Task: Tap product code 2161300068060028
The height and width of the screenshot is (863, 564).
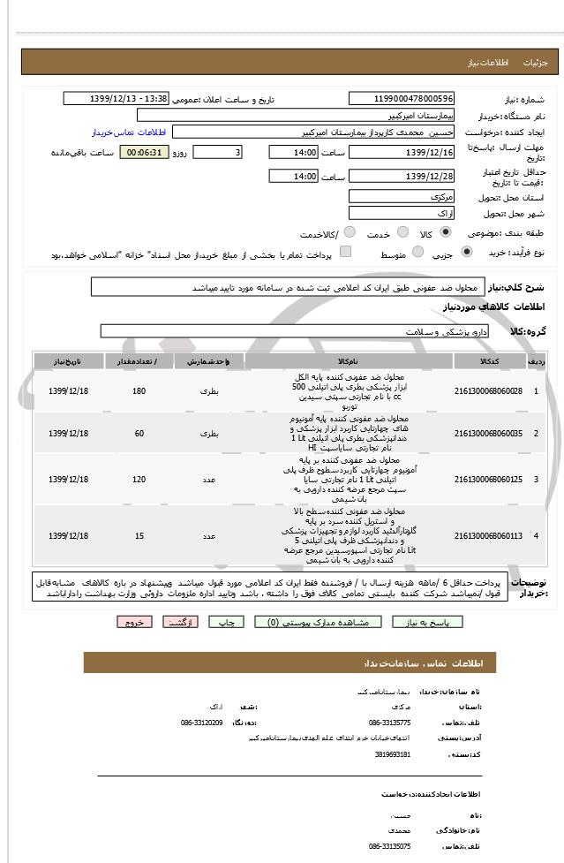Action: point(488,390)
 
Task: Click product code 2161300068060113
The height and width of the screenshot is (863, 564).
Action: point(488,536)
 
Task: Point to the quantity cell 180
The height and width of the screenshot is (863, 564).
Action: point(139,390)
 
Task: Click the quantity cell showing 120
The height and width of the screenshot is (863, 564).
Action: point(139,479)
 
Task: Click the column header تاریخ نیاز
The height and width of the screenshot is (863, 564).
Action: point(68,362)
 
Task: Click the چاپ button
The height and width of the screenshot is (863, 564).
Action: point(227,622)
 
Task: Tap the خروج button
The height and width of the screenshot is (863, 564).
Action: point(134,622)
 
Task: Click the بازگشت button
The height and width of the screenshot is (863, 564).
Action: point(181,622)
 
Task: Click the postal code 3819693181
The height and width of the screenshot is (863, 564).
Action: point(393,754)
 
